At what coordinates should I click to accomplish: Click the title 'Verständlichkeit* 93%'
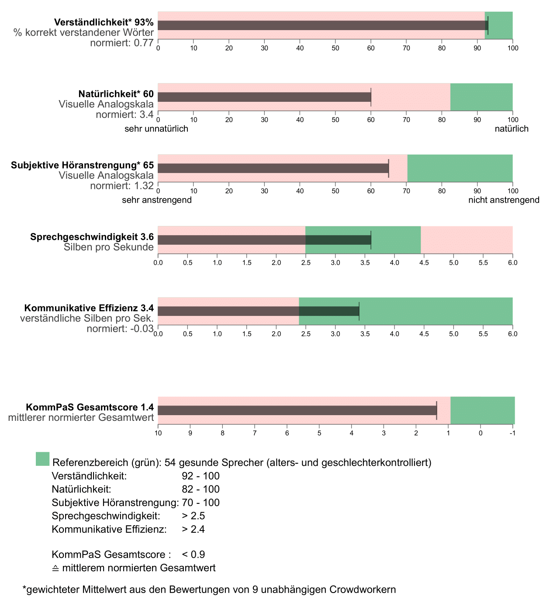click(x=104, y=22)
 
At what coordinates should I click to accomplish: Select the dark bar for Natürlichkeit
click(x=264, y=97)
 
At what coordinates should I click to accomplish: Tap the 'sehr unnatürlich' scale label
click(x=156, y=129)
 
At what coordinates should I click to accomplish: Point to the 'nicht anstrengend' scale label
click(x=504, y=200)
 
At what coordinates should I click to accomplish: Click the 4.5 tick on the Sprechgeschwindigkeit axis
click(x=424, y=263)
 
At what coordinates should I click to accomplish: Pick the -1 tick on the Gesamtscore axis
click(x=513, y=433)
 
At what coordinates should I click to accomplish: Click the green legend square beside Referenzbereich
click(x=42, y=459)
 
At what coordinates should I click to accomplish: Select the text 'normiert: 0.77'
click(x=122, y=43)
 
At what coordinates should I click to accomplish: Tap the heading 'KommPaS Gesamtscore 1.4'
click(x=90, y=407)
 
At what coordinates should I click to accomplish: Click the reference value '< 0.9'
click(x=194, y=555)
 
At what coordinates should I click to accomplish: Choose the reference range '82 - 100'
click(x=201, y=489)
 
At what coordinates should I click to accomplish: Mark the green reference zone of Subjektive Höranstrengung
click(x=460, y=168)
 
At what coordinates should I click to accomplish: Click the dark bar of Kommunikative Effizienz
click(x=258, y=311)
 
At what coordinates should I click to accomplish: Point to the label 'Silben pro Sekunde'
click(x=109, y=247)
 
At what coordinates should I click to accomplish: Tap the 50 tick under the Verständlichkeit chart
click(x=336, y=48)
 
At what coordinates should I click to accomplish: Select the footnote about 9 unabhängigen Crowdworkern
click(x=209, y=590)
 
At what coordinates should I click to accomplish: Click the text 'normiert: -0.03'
click(x=120, y=329)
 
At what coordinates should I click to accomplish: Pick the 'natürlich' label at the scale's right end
click(x=512, y=129)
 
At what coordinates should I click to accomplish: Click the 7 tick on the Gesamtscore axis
click(x=255, y=433)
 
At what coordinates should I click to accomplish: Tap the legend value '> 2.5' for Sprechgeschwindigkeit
click(x=194, y=516)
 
